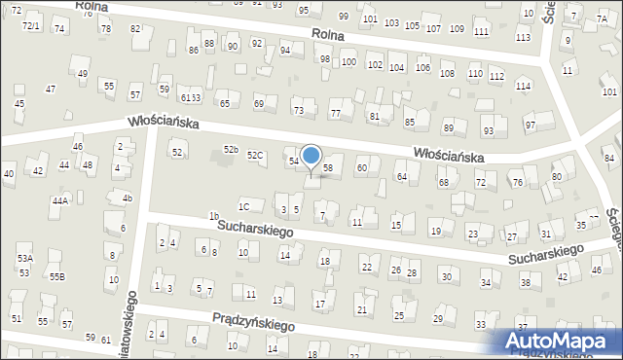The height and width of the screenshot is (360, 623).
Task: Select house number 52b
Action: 231,149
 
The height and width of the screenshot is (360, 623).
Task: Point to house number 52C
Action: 255,156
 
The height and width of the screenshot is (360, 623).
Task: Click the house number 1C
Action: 244,206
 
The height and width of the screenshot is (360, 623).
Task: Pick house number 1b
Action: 214,216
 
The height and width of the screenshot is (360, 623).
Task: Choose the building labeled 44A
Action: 60,200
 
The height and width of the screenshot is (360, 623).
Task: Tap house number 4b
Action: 127,198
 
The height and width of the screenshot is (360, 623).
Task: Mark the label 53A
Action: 24,258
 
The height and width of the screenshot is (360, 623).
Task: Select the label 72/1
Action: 31,25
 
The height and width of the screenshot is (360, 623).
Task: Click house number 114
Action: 524,87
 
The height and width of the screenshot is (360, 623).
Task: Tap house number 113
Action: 524,37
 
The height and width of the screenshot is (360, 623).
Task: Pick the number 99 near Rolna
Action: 343,17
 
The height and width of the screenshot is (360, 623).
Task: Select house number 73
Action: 299,111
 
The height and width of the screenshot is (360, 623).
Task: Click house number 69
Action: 259,103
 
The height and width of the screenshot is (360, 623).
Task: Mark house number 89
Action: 449,127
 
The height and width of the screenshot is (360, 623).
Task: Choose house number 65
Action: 224,103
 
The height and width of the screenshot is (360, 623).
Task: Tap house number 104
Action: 397,67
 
